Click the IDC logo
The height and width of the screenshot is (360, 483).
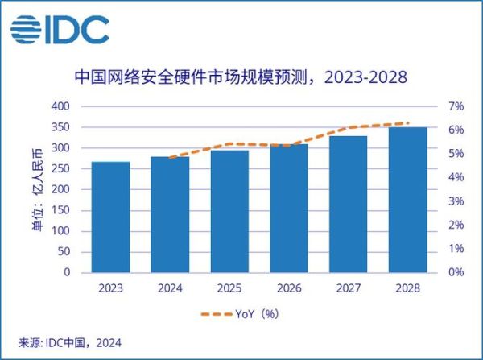60,31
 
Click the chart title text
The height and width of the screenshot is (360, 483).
241,77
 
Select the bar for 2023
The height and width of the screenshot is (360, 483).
110,217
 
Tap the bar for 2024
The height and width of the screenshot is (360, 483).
170,214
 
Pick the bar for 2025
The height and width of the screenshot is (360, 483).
229,211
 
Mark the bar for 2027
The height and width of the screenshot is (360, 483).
349,204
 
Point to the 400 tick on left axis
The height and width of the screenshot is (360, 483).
63,106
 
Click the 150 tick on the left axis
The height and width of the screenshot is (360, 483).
63,210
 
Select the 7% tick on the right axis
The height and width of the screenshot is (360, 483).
456,106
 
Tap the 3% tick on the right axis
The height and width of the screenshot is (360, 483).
456,201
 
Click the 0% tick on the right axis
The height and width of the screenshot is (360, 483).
456,272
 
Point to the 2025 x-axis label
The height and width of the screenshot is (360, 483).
229,288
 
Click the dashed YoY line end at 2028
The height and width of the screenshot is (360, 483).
408,123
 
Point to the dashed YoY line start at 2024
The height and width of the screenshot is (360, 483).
171,158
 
